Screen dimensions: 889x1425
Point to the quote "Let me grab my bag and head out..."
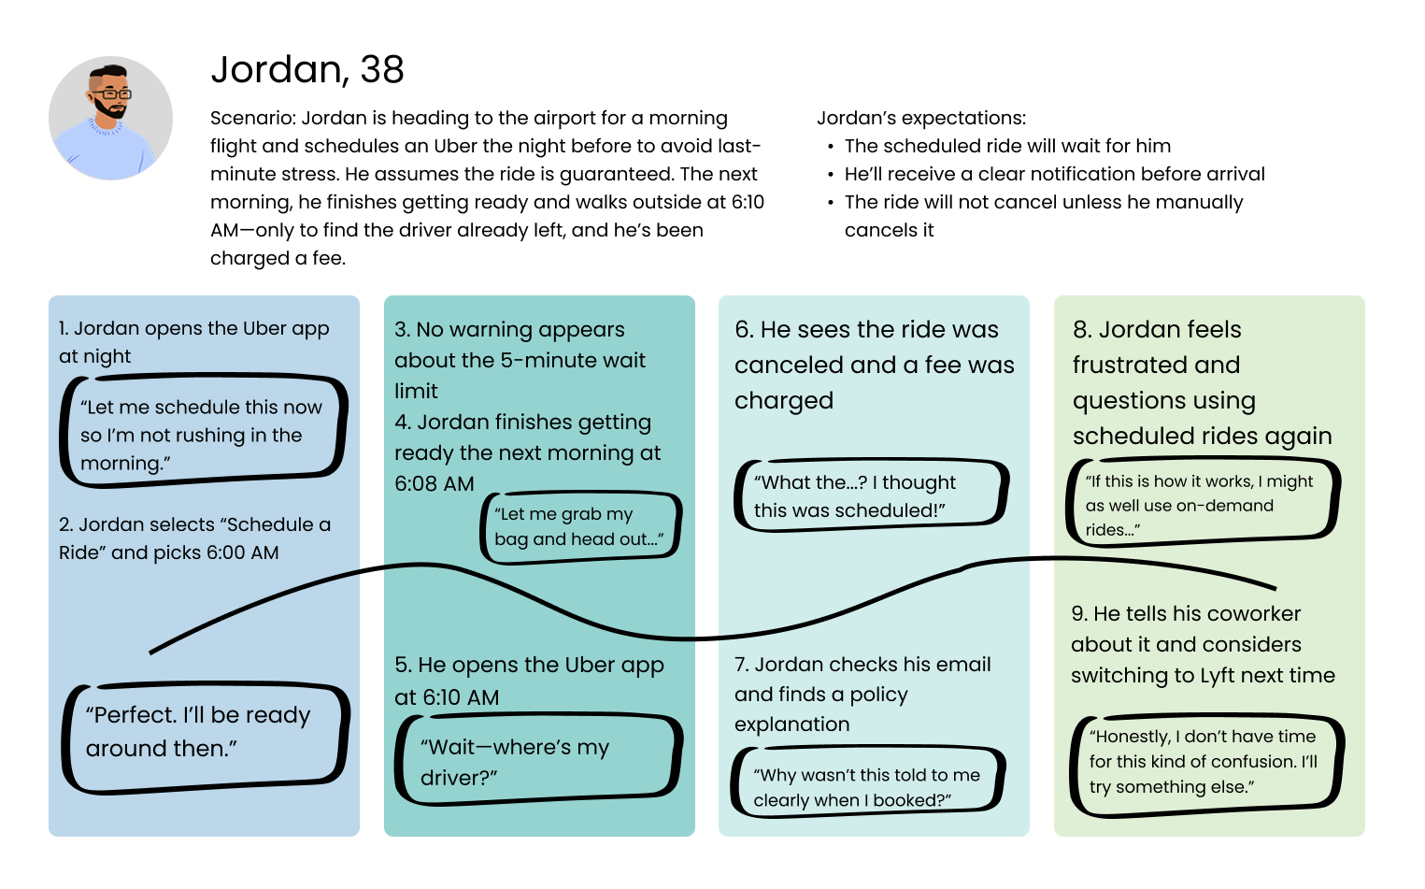pyautogui.click(x=580, y=526)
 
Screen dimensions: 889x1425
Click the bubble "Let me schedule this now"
pyautogui.click(x=202, y=435)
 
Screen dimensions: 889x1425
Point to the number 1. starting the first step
pyautogui.click(x=64, y=329)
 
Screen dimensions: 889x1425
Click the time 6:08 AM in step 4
pyautogui.click(x=435, y=484)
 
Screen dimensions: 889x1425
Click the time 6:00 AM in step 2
pyautogui.click(x=243, y=553)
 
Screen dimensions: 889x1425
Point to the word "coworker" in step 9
pyautogui.click(x=1254, y=614)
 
